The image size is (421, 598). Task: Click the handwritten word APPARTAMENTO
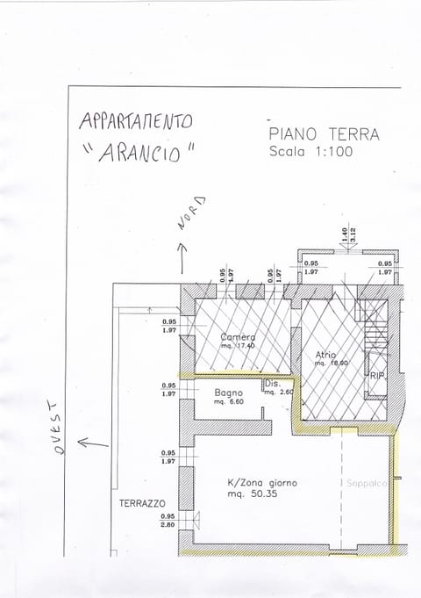[x=135, y=119]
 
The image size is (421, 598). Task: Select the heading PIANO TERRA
[x=324, y=134]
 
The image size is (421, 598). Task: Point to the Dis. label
[x=272, y=384]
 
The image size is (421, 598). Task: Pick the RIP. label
[x=378, y=376]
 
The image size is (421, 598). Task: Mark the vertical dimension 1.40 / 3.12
[x=346, y=235]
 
